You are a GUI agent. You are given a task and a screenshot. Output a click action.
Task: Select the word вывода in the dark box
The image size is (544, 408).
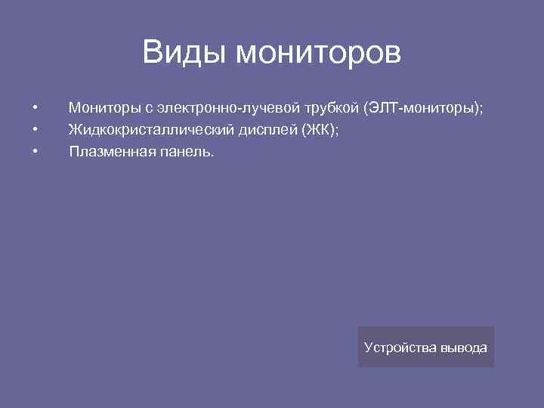click(464, 348)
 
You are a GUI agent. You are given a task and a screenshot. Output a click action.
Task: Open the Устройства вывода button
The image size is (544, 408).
click(425, 347)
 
